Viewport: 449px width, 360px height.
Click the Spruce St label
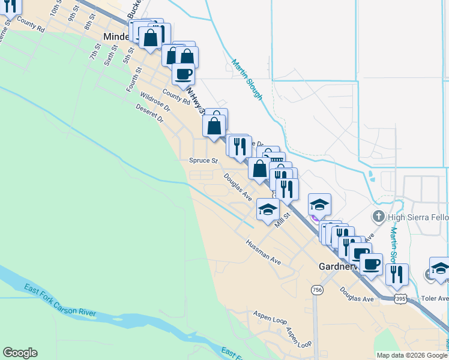[x=203, y=161]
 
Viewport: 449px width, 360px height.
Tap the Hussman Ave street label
[x=263, y=253]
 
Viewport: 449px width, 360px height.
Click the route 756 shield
[x=317, y=290]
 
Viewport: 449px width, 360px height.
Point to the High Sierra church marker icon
[x=378, y=216]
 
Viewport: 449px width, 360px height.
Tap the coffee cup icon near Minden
[x=183, y=74]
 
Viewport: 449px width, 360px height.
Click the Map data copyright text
[x=412, y=355]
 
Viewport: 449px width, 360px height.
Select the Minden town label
[x=116, y=37]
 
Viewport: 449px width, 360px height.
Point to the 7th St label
[x=95, y=52]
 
